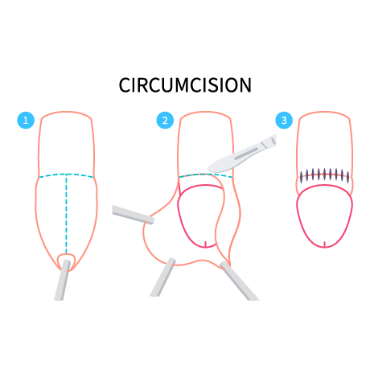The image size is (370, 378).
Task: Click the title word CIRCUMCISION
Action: [x=185, y=85]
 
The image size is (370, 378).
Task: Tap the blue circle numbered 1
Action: [x=26, y=120]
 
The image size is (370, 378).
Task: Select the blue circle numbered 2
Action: [x=165, y=120]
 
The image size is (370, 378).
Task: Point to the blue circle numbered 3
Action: [x=284, y=120]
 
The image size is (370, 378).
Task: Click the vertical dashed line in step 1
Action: [x=66, y=214]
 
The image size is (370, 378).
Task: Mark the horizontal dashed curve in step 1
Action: [x=66, y=175]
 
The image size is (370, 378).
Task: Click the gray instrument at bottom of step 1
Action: [x=63, y=280]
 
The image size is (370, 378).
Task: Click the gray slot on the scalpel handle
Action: [x=246, y=154]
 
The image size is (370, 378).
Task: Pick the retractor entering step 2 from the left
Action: [x=133, y=215]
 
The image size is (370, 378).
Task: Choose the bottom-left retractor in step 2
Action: [x=162, y=277]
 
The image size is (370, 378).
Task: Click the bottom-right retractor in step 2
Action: [x=239, y=281]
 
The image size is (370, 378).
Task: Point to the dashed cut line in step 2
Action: [x=205, y=175]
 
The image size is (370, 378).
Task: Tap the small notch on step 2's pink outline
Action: [x=206, y=244]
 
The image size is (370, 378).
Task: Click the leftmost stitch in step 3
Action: [x=301, y=177]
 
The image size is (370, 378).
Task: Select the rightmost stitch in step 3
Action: [x=348, y=177]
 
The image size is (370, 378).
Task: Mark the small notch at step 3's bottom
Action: [x=324, y=244]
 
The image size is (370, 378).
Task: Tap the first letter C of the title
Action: [x=125, y=85]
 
